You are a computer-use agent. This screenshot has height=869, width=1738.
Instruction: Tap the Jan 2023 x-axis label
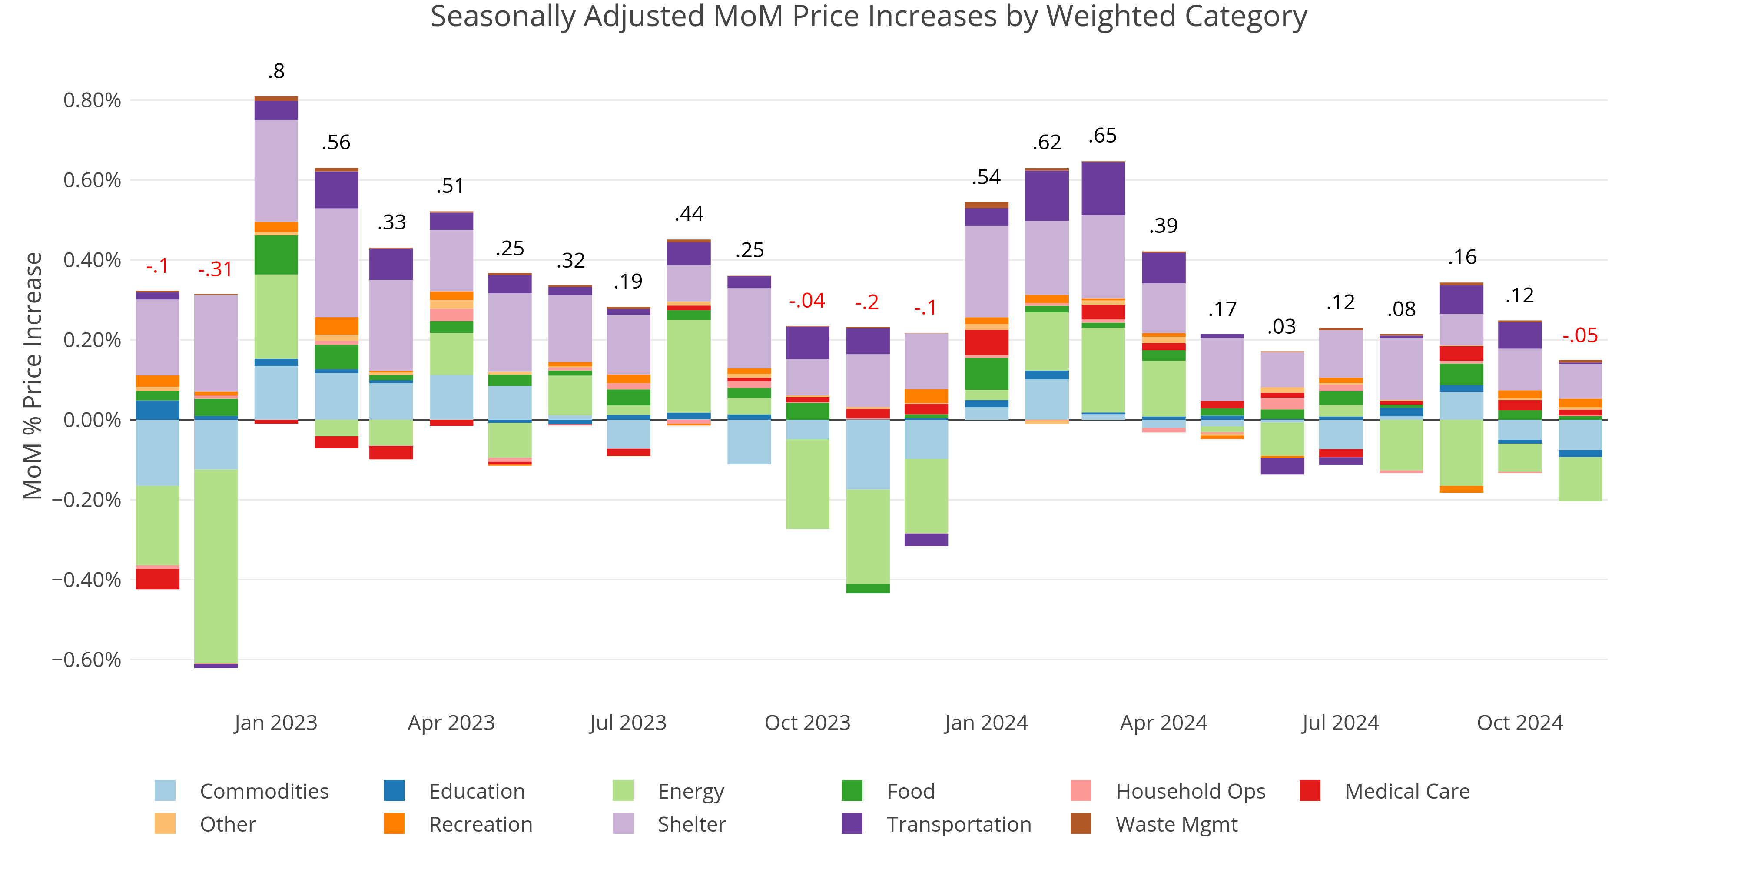point(275,723)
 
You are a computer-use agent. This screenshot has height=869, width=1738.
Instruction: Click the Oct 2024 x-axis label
point(1519,723)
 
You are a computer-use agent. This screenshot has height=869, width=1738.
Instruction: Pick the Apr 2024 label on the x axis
point(1163,723)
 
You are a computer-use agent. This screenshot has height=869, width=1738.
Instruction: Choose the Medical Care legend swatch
point(1310,791)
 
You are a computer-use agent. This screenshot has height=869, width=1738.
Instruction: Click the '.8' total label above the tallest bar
point(276,71)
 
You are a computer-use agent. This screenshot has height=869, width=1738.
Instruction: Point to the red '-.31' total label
point(215,269)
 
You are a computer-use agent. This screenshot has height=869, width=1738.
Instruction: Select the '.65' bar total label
point(1102,136)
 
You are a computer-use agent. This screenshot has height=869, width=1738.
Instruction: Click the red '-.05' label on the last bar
point(1580,335)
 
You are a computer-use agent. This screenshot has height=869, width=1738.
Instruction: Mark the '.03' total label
point(1281,327)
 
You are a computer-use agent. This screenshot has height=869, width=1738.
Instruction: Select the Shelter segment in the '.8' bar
point(276,171)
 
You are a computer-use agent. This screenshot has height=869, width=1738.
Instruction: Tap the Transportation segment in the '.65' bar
point(1103,189)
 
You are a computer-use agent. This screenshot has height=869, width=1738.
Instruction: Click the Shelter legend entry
point(691,825)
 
